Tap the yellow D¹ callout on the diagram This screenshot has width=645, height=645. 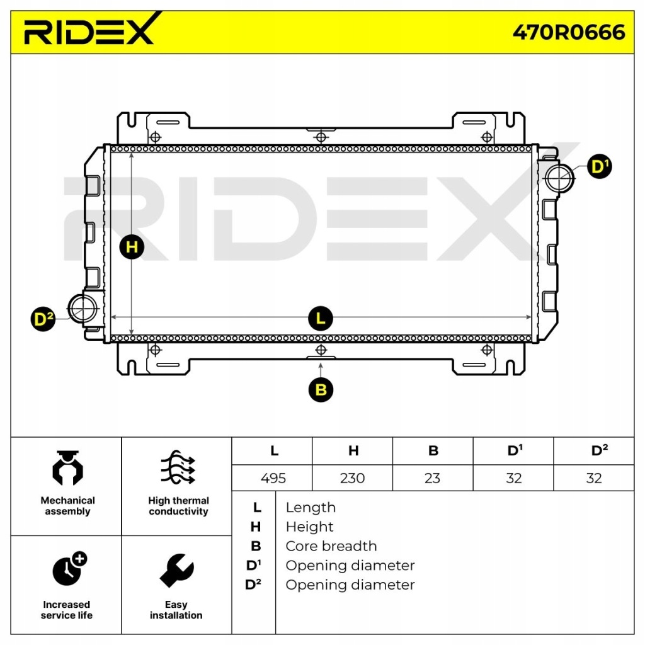coord(599,167)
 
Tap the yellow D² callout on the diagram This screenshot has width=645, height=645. coord(43,320)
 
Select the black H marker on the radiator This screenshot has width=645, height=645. coord(132,246)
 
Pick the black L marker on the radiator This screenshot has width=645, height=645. coord(321,319)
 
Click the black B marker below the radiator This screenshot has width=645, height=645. coord(321,390)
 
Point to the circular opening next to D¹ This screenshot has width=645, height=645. coord(559,178)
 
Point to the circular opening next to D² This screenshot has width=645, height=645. coord(82,308)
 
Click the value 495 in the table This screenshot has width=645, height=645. coord(273,478)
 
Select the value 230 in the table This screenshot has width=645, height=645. coord(352,478)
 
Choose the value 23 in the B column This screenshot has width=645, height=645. coord(432,478)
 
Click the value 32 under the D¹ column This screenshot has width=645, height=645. coord(513,478)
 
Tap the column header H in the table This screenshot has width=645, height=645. coord(353,451)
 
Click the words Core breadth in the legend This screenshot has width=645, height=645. coord(331,546)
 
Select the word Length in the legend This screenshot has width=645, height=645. coord(310,508)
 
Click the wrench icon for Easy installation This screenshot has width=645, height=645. coord(176,570)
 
